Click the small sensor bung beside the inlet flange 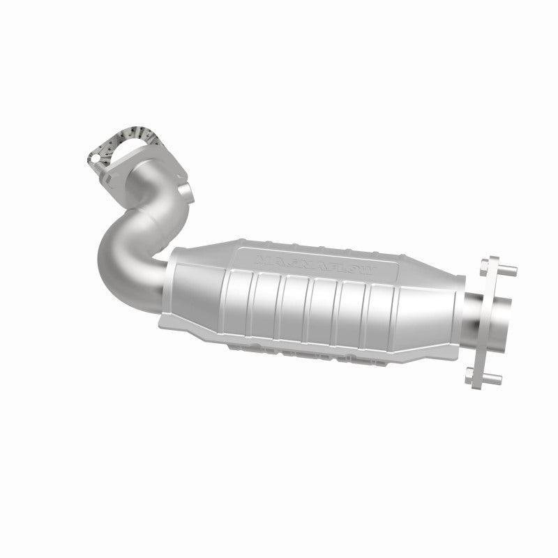pos(184,190)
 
